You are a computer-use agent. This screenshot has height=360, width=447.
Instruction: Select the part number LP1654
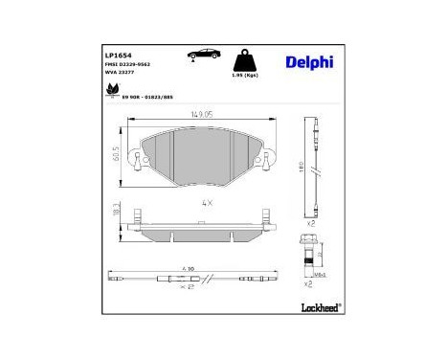click(118, 55)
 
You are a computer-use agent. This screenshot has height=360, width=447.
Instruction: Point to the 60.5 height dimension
click(116, 153)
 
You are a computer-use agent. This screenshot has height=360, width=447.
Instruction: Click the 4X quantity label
click(203, 203)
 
